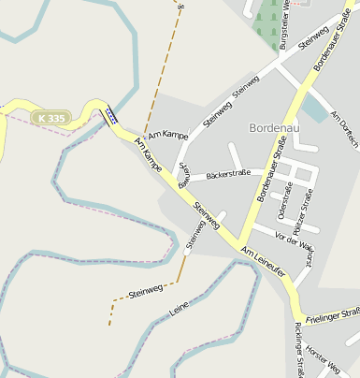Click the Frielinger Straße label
[333, 315]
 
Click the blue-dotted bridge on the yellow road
[111, 116]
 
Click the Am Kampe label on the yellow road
[149, 154]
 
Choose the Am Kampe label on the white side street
[169, 137]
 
